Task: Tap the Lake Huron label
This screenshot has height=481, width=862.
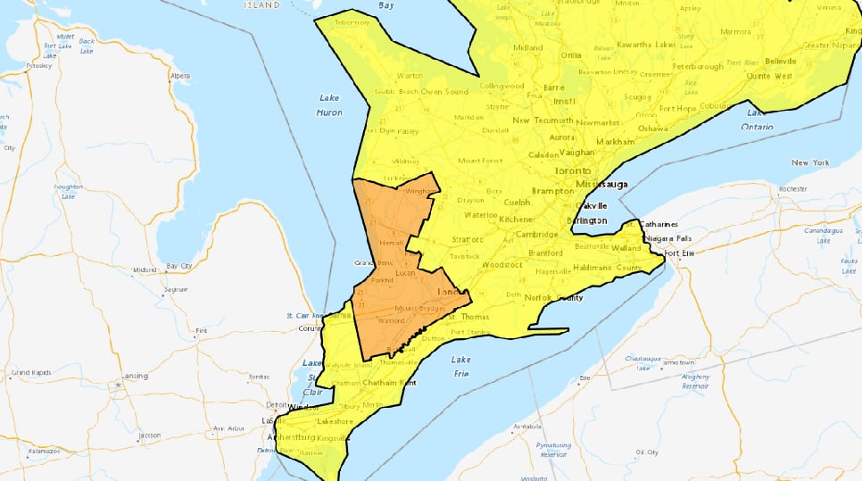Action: (328, 105)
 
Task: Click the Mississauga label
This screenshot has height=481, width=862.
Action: (601, 184)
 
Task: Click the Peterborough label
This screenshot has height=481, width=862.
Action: (697, 66)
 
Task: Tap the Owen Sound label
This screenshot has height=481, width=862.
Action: (444, 91)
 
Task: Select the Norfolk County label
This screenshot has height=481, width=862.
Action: (551, 297)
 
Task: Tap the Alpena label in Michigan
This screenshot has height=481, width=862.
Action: (180, 76)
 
